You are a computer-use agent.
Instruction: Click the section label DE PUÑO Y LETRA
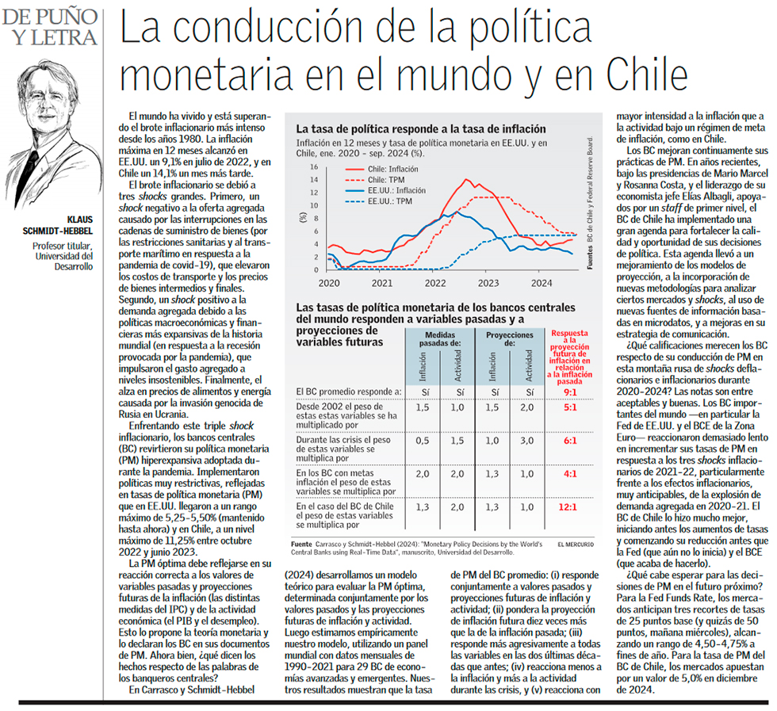coord(50,25)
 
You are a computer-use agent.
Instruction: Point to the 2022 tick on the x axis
coord(434,282)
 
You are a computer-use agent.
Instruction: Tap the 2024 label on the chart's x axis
coord(542,282)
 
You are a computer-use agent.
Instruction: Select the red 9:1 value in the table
coord(569,392)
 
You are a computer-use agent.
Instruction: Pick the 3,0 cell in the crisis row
coord(527,441)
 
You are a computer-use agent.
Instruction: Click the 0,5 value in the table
coord(422,441)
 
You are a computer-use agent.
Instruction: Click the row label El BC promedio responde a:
coord(350,392)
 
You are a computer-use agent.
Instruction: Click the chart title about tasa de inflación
coord(420,128)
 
